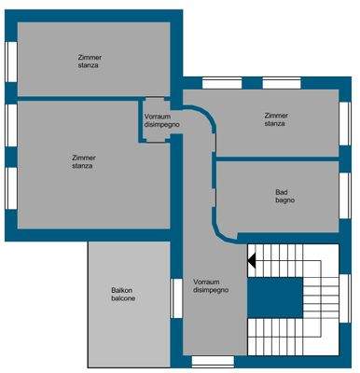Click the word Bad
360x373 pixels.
[281, 192]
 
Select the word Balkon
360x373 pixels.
[123, 290]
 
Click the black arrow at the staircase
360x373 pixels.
[251, 264]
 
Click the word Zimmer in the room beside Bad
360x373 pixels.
[275, 115]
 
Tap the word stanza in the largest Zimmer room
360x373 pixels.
[84, 167]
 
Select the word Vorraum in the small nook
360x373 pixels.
[158, 117]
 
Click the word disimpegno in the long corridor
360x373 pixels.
[210, 290]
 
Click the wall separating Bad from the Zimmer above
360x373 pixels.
[278, 159]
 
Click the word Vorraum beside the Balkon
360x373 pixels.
[206, 282]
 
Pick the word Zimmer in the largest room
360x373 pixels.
[84, 159]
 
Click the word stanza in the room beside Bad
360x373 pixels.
[275, 123]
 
